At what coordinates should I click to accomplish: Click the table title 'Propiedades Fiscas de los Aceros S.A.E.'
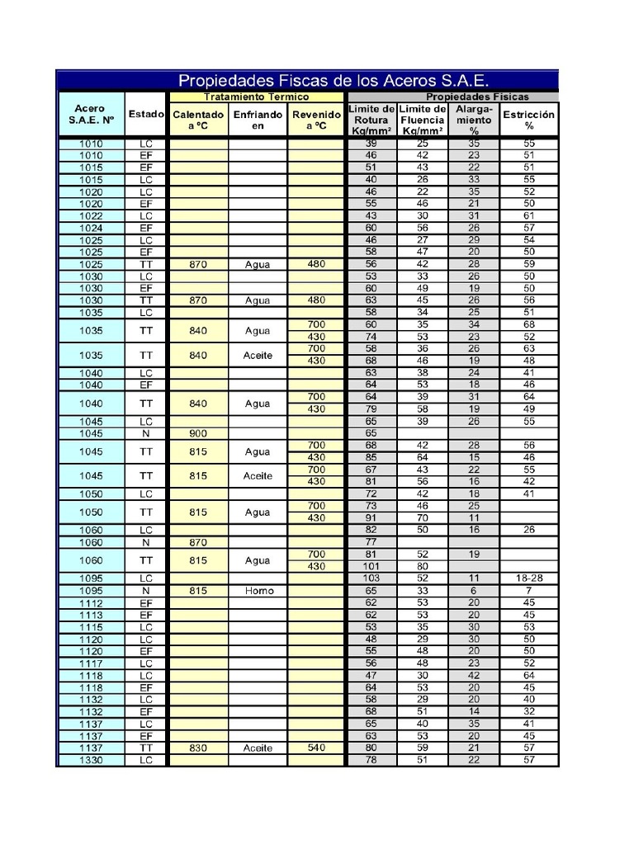(x=334, y=81)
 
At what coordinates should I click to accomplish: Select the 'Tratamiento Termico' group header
(x=256, y=97)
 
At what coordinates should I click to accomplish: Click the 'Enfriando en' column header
(x=258, y=120)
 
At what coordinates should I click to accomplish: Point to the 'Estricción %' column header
(x=529, y=120)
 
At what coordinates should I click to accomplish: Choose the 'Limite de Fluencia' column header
(x=422, y=120)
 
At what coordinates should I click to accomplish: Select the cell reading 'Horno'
(x=258, y=591)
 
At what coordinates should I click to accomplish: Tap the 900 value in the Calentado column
(x=198, y=433)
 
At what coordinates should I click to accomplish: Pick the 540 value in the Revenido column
(x=315, y=748)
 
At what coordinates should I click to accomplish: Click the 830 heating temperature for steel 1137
(x=198, y=748)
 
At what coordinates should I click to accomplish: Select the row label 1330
(x=91, y=760)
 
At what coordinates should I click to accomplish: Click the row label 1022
(x=91, y=215)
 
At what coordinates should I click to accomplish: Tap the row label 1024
(x=91, y=228)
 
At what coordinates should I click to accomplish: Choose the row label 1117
(x=91, y=663)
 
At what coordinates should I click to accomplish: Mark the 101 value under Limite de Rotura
(x=371, y=567)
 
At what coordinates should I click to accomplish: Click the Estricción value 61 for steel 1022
(x=529, y=215)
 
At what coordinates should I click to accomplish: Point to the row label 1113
(x=91, y=616)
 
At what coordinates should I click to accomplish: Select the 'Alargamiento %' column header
(x=474, y=120)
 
